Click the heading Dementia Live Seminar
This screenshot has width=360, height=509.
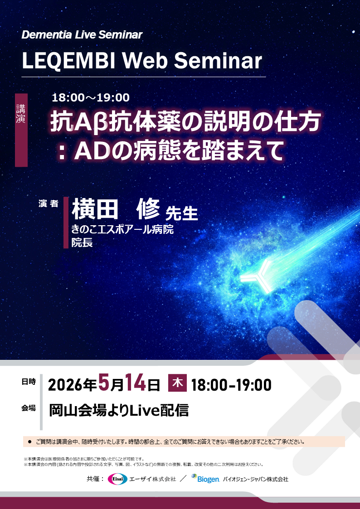82,35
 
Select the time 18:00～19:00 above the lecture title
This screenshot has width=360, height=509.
91,97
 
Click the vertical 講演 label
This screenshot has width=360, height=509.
21,114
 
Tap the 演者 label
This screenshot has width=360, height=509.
49,204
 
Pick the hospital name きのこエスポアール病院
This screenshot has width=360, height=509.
122,230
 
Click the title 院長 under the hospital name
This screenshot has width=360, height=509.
82,242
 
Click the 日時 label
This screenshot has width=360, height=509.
28,382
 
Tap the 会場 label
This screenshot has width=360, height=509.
28,408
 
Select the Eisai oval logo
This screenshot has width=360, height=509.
117,479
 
